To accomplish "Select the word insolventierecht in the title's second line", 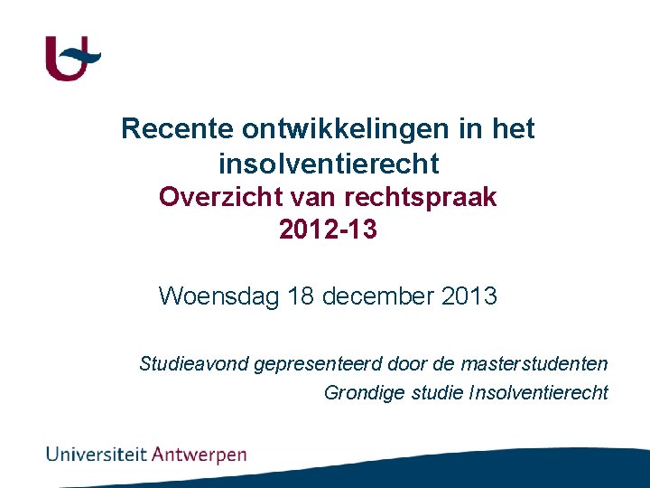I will (329, 164).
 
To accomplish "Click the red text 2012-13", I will (328, 230).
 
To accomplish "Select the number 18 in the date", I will (302, 296).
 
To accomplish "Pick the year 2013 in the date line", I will (469, 296).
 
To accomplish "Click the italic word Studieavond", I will (194, 364).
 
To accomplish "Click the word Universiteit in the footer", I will (97, 454).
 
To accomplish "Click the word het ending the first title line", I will (513, 129).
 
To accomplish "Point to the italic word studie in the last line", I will (437, 393).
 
